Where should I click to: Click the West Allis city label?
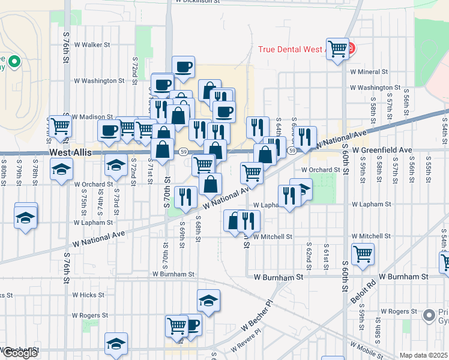[x=71, y=153]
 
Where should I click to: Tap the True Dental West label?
[x=292, y=49]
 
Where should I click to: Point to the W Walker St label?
[x=91, y=44]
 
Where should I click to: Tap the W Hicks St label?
[x=88, y=295]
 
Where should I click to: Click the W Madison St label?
[x=92, y=117]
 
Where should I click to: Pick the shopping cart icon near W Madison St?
[x=60, y=126]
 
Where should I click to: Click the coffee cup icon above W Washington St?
[x=183, y=67]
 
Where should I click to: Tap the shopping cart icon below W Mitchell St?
[x=363, y=254]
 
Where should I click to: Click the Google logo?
[x=19, y=353]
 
